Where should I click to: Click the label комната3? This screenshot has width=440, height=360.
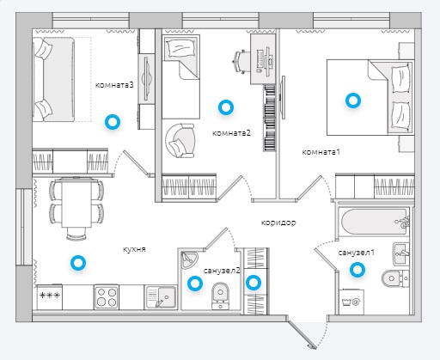(114, 85)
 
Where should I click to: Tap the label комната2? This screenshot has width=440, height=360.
(231, 133)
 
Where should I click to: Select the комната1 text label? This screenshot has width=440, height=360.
(321, 152)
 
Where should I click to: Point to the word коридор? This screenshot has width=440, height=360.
(278, 223)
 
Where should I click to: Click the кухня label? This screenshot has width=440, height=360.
(134, 249)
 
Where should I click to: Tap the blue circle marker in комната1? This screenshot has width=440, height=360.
(353, 101)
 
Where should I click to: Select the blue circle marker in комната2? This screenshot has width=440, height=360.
(226, 107)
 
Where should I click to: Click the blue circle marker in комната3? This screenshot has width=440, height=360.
(113, 122)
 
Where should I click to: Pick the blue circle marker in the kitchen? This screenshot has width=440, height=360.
(78, 263)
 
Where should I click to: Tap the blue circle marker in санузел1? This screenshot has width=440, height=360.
(357, 270)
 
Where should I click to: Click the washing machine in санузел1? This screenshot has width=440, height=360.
(351, 302)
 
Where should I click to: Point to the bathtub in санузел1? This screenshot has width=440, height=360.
(374, 222)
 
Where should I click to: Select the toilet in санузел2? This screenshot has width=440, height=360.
(220, 296)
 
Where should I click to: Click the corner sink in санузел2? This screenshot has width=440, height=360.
(189, 259)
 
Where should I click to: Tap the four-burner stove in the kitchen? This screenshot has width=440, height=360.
(107, 296)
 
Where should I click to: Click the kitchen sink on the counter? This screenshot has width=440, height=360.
(161, 296)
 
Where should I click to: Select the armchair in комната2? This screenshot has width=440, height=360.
(180, 141)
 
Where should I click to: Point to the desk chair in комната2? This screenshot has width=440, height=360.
(241, 62)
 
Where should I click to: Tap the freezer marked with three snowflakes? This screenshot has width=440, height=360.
(49, 297)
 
